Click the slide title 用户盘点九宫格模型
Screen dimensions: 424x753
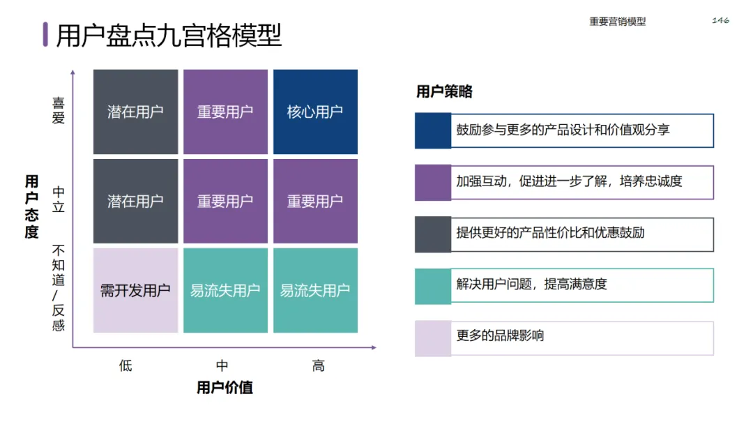[169, 35]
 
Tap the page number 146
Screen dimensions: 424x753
[720, 20]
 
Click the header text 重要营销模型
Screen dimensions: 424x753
[617, 22]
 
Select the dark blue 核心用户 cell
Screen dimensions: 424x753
[315, 112]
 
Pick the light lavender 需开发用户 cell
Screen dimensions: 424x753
[135, 290]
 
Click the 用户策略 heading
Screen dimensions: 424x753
[444, 91]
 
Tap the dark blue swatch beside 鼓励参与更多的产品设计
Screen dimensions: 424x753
[433, 130]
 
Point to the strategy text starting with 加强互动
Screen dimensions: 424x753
[569, 181]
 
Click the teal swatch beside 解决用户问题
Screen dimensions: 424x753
[433, 285]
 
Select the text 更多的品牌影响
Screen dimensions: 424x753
[500, 336]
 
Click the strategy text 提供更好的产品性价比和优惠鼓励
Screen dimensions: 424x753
[550, 232]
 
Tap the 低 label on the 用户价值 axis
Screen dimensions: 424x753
[125, 365]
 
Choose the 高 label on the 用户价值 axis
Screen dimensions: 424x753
[318, 365]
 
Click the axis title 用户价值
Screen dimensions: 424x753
[225, 388]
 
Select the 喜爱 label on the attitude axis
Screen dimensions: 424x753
[59, 110]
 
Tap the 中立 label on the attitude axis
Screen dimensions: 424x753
[59, 199]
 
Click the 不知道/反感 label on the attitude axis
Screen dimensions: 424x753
[59, 287]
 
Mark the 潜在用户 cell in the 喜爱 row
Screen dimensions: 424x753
[135, 112]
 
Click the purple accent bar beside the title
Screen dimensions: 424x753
[45, 34]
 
